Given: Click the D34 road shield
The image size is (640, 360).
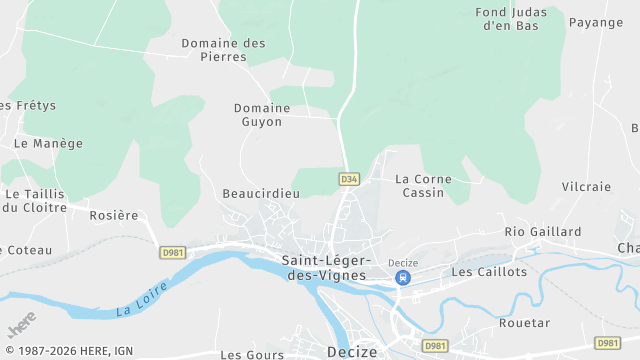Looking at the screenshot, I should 348,179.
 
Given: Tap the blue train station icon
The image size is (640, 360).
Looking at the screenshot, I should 402,278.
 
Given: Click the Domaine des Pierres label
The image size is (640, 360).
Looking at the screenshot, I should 223,50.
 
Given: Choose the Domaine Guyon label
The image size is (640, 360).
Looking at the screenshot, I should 258,114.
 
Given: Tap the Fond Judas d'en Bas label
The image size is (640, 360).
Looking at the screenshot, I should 510,19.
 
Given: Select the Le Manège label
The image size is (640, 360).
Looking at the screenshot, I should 48,143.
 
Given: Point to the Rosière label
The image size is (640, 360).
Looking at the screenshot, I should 114,215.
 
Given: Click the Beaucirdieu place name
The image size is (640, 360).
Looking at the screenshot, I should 261,193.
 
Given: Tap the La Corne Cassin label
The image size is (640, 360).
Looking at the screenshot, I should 423,185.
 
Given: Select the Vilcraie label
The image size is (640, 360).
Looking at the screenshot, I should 586,187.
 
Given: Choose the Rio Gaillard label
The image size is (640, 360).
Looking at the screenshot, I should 542,231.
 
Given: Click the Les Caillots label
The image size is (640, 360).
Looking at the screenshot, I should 489,271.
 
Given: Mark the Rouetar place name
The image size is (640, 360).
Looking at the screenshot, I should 524,323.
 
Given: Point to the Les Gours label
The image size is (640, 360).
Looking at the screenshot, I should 246,354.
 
